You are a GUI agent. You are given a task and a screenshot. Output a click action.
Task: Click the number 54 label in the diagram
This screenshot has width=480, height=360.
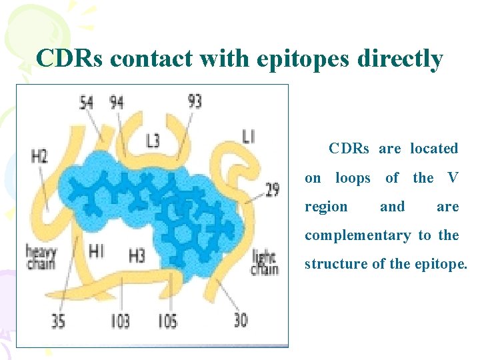pos(87,103)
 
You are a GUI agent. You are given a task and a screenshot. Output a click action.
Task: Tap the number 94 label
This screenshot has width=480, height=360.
pos(116,103)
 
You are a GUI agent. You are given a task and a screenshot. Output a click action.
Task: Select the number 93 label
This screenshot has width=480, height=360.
pos(195,101)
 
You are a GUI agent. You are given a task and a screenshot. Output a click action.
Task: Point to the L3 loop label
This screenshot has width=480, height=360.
pos(153,141)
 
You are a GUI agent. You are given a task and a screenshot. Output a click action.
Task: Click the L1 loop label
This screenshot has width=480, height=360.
pos(248,137)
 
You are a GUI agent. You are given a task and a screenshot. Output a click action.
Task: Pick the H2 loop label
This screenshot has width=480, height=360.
pos(39,157)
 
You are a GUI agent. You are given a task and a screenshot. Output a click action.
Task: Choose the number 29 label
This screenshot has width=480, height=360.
pos(272,189)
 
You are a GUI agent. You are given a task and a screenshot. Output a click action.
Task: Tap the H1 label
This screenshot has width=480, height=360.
pos(97,251)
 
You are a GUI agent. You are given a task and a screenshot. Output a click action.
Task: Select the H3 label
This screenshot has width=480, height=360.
pos(137,255)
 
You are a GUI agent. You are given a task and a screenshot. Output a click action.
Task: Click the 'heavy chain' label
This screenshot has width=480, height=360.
pos(41,257)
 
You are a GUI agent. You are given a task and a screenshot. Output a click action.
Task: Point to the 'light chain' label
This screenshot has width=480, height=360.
pos(265,263)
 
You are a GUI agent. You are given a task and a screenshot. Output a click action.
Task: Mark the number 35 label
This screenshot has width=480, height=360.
pos(58,321)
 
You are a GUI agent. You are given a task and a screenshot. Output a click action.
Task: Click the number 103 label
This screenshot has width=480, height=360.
pos(120,321)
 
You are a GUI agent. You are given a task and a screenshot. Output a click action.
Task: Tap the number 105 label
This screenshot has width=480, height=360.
pos(167,321)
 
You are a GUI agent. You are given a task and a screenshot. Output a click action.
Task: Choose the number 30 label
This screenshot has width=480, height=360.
pos(241,320)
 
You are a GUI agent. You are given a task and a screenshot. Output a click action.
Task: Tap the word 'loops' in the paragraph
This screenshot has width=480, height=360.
pos(353,178)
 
